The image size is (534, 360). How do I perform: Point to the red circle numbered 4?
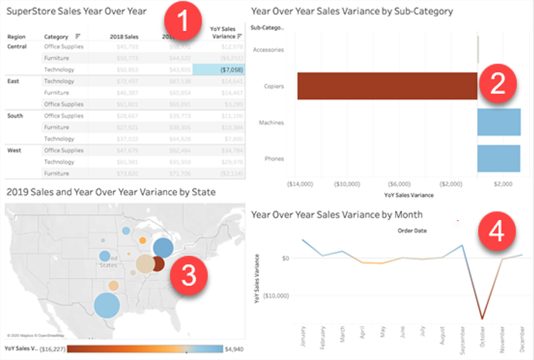point(496,232)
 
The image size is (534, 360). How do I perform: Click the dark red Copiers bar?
point(386,86)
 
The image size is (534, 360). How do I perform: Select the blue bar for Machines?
point(499,122)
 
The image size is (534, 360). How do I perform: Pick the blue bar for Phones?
point(499,158)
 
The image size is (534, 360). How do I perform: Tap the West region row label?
point(15,150)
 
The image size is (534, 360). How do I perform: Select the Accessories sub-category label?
point(268,50)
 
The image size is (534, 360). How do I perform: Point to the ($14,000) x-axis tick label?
point(299,184)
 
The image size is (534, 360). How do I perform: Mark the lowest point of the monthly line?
point(482,319)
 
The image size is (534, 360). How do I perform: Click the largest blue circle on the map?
point(106,306)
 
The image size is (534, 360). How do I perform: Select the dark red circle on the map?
point(158,264)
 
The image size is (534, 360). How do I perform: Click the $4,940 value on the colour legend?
point(235,349)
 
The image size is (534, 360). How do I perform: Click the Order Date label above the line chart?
point(412,230)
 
